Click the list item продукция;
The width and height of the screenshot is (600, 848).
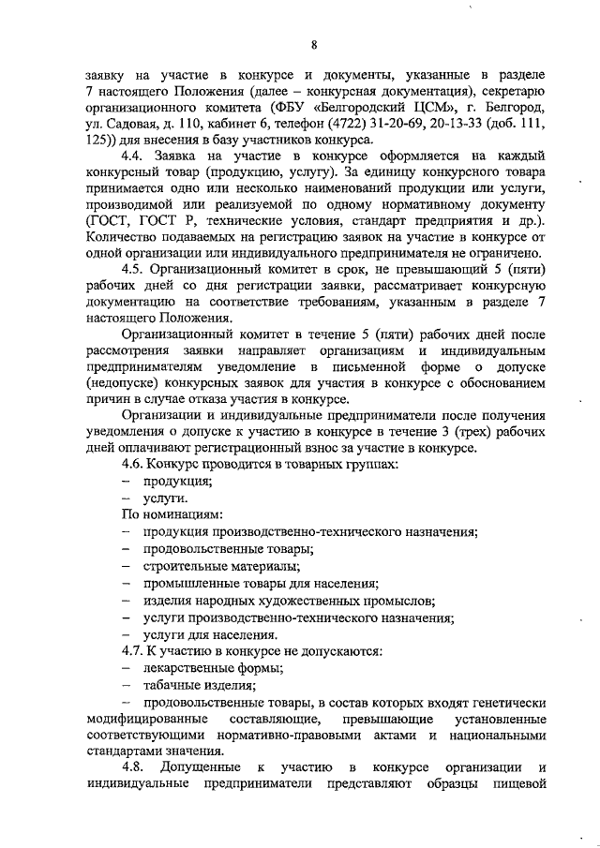click(177, 481)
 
